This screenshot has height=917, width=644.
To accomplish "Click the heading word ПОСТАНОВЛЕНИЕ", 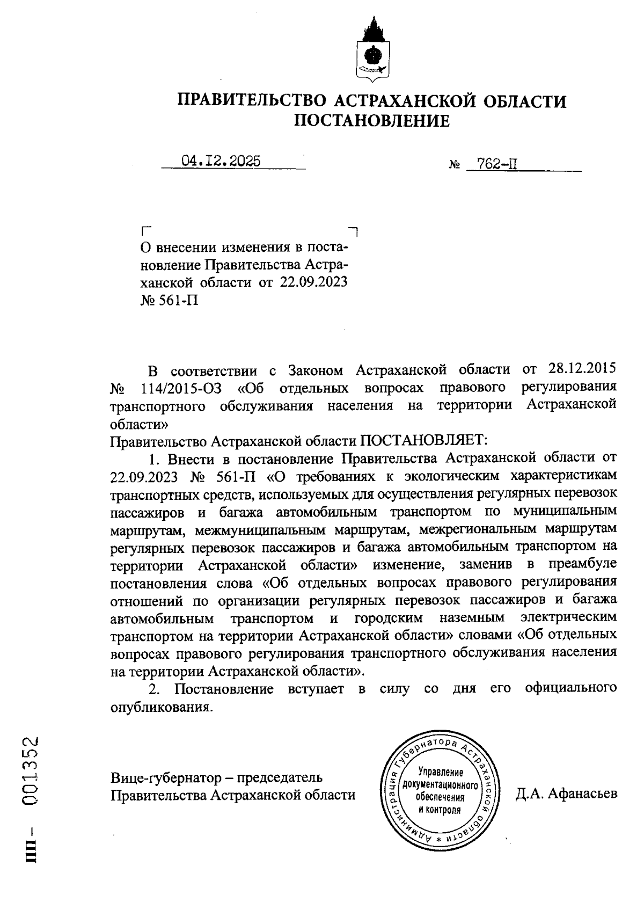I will [x=372, y=121].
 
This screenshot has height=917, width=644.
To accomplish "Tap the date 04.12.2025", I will [x=221, y=161].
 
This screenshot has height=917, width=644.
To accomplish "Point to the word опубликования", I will [x=159, y=707].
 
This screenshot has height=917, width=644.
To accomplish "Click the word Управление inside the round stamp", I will [x=440, y=773].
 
